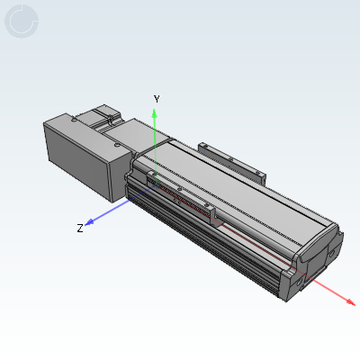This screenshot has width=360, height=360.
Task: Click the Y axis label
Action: [157, 99]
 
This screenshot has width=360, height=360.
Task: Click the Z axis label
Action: [80, 229]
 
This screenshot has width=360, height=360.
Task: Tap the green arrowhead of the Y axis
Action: [155, 113]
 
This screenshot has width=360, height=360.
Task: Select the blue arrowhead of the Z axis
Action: [89, 222]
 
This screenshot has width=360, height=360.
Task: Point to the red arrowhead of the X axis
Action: [351, 302]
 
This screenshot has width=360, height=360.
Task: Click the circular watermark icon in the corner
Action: [22, 22]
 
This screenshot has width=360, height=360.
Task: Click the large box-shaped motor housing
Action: [87, 156]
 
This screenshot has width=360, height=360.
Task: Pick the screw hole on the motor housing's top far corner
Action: [73, 121]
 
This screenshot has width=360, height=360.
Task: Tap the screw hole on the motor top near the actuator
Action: [117, 146]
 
